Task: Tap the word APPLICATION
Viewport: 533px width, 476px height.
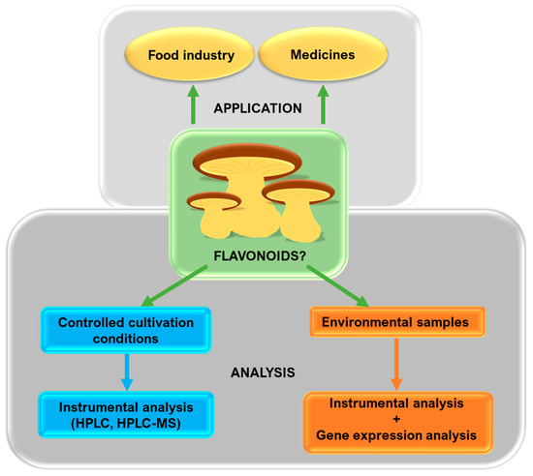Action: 258,107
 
